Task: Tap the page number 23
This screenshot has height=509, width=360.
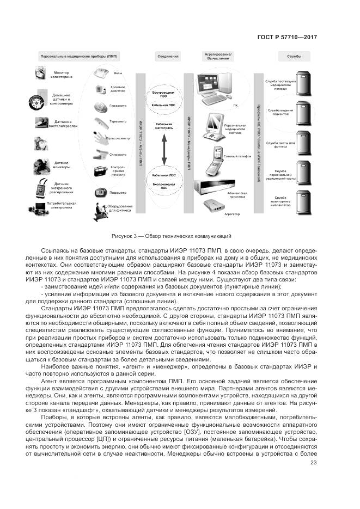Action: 313,463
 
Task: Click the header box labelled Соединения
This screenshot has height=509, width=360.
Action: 168,56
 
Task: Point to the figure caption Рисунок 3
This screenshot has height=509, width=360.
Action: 172,236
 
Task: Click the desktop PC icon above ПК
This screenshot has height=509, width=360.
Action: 216,88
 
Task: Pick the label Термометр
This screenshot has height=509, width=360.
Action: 118,121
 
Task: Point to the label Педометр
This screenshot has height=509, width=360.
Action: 118,192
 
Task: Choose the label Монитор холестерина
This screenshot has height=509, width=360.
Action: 64,75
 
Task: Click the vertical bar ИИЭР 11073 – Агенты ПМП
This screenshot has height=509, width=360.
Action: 141,144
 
